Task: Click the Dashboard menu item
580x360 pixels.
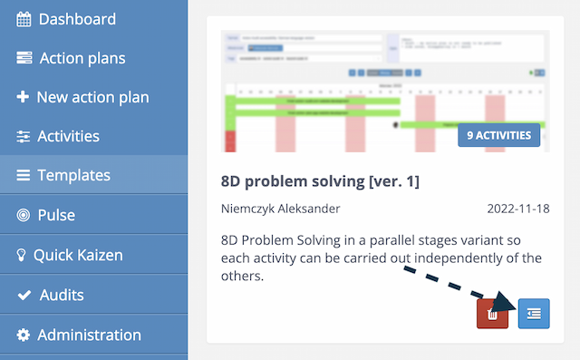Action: (x=77, y=19)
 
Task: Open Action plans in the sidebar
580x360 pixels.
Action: (x=82, y=58)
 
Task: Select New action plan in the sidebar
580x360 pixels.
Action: (x=92, y=97)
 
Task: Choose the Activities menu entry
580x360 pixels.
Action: (x=68, y=136)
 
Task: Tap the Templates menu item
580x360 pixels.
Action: (x=73, y=175)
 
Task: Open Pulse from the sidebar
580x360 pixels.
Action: (x=56, y=215)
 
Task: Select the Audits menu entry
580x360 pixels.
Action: (x=62, y=295)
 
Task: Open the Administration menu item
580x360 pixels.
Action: (x=89, y=335)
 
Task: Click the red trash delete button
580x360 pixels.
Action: (x=492, y=314)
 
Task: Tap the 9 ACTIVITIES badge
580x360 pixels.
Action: (x=498, y=135)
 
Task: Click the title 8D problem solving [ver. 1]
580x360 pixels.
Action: (x=320, y=180)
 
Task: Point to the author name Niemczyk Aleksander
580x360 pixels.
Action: (x=281, y=209)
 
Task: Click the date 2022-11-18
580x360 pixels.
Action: (x=517, y=209)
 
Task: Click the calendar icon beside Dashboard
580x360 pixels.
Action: (x=24, y=19)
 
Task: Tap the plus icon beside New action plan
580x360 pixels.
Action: (x=24, y=97)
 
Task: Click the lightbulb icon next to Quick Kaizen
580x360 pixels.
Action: (x=22, y=255)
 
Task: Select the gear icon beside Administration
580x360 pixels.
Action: (x=24, y=335)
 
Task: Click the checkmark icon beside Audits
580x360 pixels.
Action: (x=24, y=295)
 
